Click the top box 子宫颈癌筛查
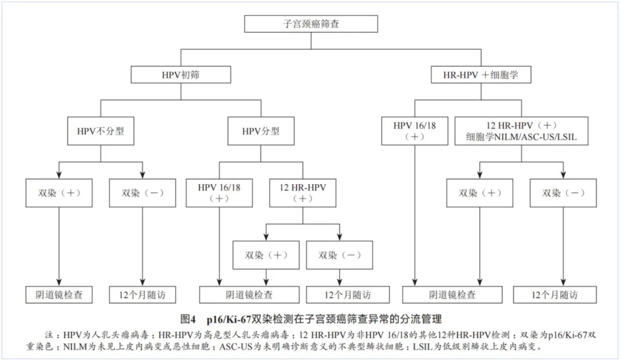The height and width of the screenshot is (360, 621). tap(311, 24)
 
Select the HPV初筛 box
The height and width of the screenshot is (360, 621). tap(181, 74)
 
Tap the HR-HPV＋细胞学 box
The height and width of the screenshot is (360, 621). tap(481, 74)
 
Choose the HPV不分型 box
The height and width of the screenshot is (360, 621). tap(101, 131)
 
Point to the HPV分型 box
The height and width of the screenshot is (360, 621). tap(261, 131)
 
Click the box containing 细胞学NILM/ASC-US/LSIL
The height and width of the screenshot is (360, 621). tap(521, 131)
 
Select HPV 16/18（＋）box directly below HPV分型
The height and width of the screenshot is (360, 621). tap(219, 193)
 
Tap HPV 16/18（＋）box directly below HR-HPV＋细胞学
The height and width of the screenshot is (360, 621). tap(415, 131)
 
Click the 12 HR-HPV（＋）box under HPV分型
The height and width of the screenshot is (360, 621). tap(302, 193)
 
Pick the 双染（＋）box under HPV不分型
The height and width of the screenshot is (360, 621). tap(59, 193)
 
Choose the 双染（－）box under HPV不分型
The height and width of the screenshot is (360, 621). tap(143, 193)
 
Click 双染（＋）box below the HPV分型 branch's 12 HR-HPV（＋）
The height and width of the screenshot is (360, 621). tap(266, 255)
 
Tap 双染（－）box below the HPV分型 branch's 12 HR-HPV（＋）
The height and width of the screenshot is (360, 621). tap(339, 255)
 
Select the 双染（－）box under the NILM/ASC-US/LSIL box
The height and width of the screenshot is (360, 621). tap(563, 193)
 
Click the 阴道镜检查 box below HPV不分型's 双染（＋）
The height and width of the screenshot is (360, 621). tap(59, 294)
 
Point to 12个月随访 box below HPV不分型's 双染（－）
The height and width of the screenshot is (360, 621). tap(143, 294)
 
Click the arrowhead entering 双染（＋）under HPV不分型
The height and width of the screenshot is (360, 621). tap(59, 175)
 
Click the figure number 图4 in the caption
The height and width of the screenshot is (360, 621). tap(187, 319)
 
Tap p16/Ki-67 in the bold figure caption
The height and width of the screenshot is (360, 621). tap(229, 319)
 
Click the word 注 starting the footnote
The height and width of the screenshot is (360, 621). tap(49, 335)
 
